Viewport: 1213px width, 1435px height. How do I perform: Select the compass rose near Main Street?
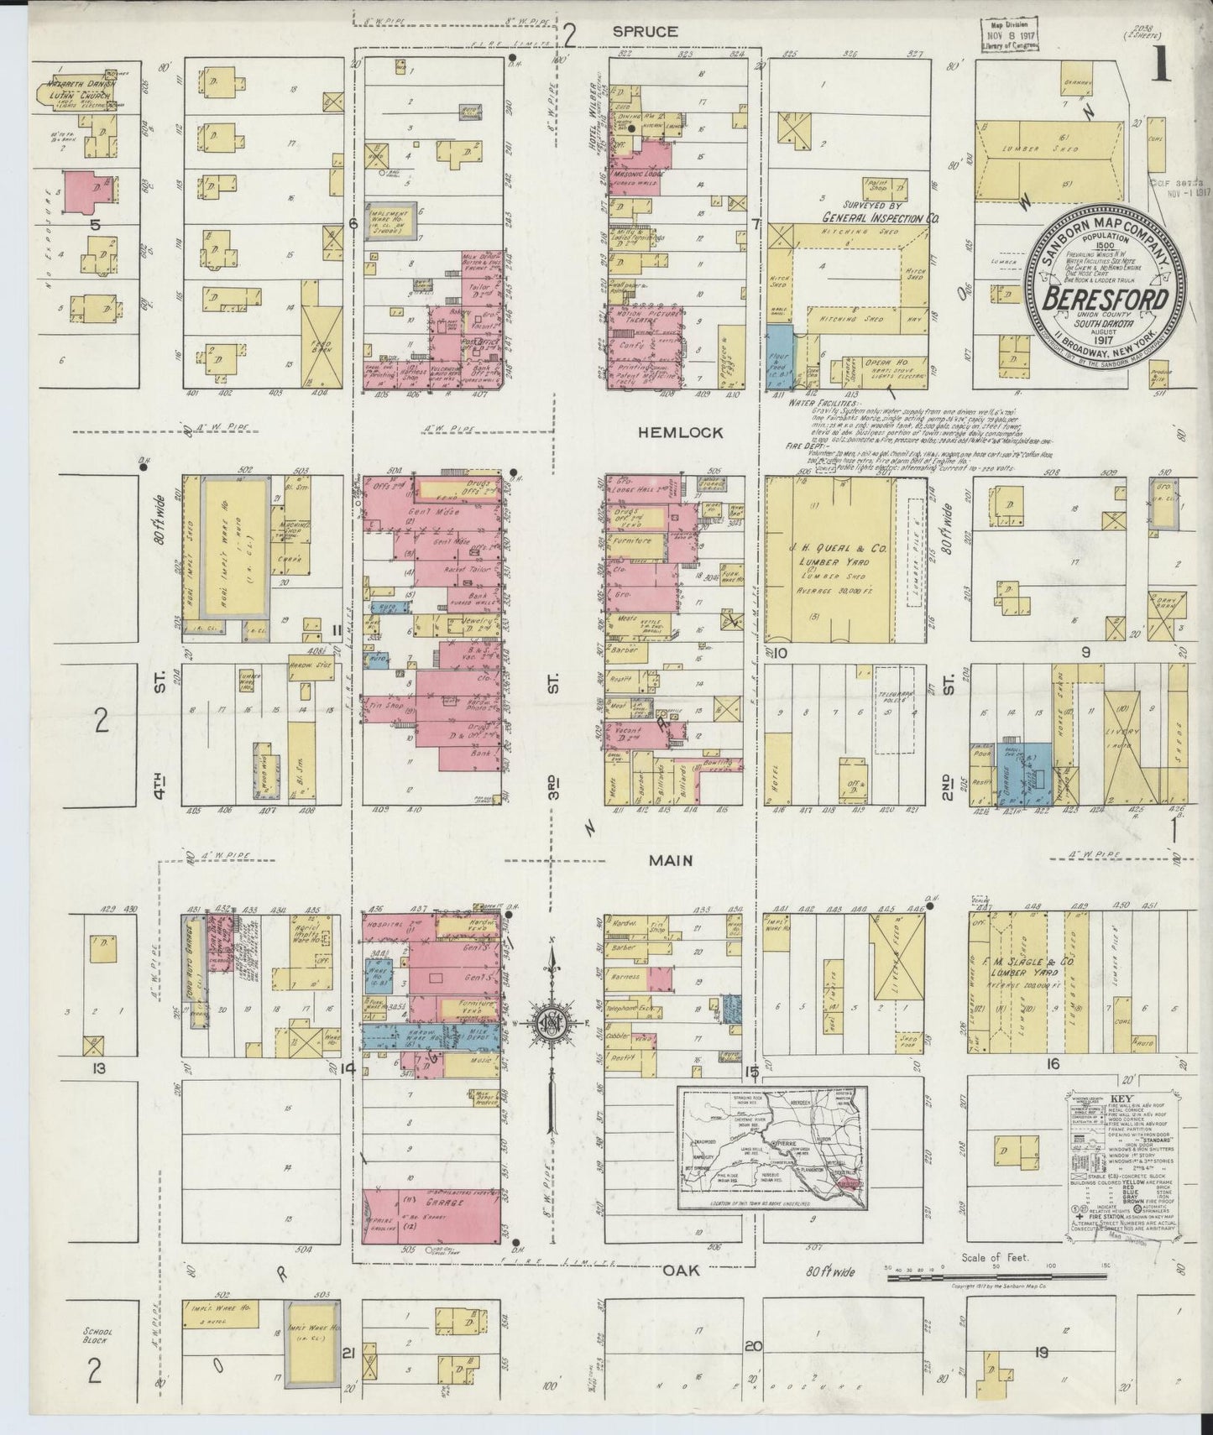click(551, 1022)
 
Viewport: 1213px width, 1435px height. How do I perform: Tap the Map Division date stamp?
click(1007, 36)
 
